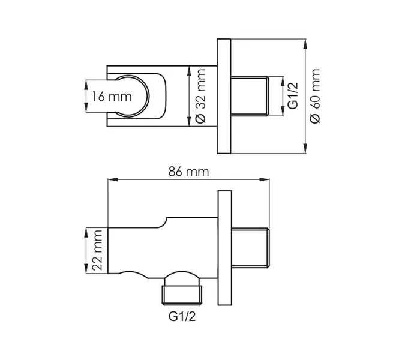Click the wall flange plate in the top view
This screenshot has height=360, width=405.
223,96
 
